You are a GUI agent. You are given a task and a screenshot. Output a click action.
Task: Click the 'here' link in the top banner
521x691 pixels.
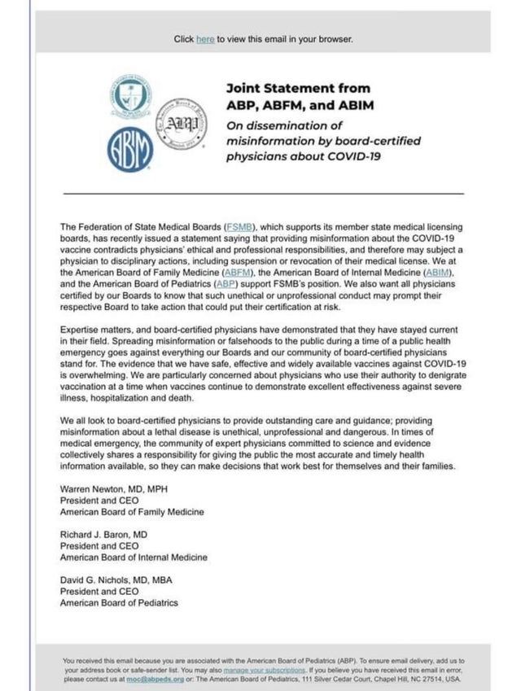205,39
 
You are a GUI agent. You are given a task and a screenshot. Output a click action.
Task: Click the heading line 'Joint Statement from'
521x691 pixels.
297,88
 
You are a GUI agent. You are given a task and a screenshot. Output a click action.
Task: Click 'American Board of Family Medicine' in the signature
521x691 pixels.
132,512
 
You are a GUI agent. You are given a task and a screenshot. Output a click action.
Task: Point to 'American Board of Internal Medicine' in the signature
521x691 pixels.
134,558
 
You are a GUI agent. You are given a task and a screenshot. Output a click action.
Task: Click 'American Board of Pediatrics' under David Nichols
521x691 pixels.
119,603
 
